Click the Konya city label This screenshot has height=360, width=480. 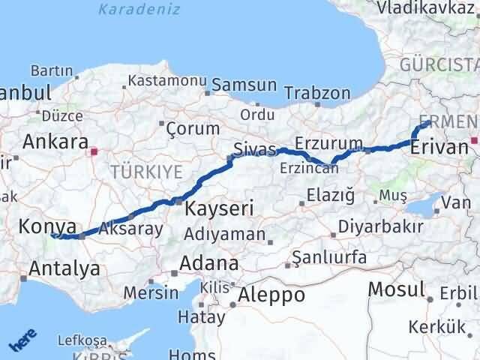pyautogui.click(x=46, y=226)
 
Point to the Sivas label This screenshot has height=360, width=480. pyautogui.click(x=254, y=148)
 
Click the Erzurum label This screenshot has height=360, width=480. pyautogui.click(x=329, y=142)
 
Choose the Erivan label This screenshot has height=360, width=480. pyautogui.click(x=439, y=147)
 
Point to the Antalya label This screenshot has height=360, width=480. pyautogui.click(x=64, y=268)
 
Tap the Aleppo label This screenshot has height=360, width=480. pyautogui.click(x=271, y=295)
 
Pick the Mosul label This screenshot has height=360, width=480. pyautogui.click(x=396, y=289)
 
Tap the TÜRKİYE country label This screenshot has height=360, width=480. pyautogui.click(x=146, y=172)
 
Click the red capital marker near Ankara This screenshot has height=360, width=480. pyautogui.click(x=92, y=151)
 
